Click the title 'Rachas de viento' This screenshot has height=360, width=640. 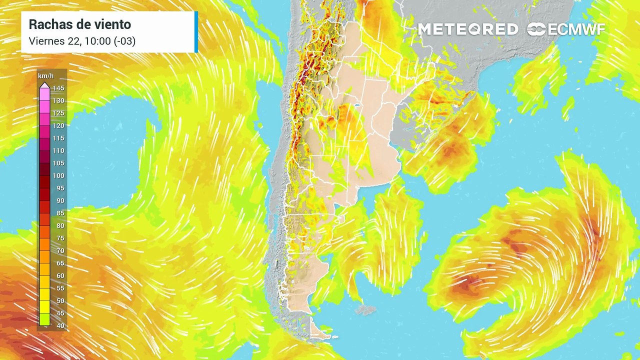click(80, 24)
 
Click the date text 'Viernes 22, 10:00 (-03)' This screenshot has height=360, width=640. click(82, 41)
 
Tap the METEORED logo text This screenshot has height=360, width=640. click(467, 29)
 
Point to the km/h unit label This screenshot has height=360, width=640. click(45, 76)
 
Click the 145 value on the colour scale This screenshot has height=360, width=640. click(58, 88)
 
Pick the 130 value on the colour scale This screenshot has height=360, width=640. click(58, 101)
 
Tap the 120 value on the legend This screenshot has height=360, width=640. click(58, 126)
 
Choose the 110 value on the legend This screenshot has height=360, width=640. click(58, 151)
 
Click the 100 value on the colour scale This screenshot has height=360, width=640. click(58, 176)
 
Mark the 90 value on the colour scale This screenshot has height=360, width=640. click(60, 201)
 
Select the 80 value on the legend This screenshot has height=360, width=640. click(60, 226)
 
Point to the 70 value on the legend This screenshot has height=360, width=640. click(60, 251)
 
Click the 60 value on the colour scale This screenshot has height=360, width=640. click(60, 276)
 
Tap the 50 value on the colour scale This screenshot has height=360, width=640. click(60, 301)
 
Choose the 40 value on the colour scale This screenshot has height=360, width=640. click(60, 326)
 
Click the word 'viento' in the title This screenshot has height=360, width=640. click(115, 24)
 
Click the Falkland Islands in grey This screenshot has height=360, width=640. click(365, 310)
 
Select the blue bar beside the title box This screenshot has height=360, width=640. click(196, 32)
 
